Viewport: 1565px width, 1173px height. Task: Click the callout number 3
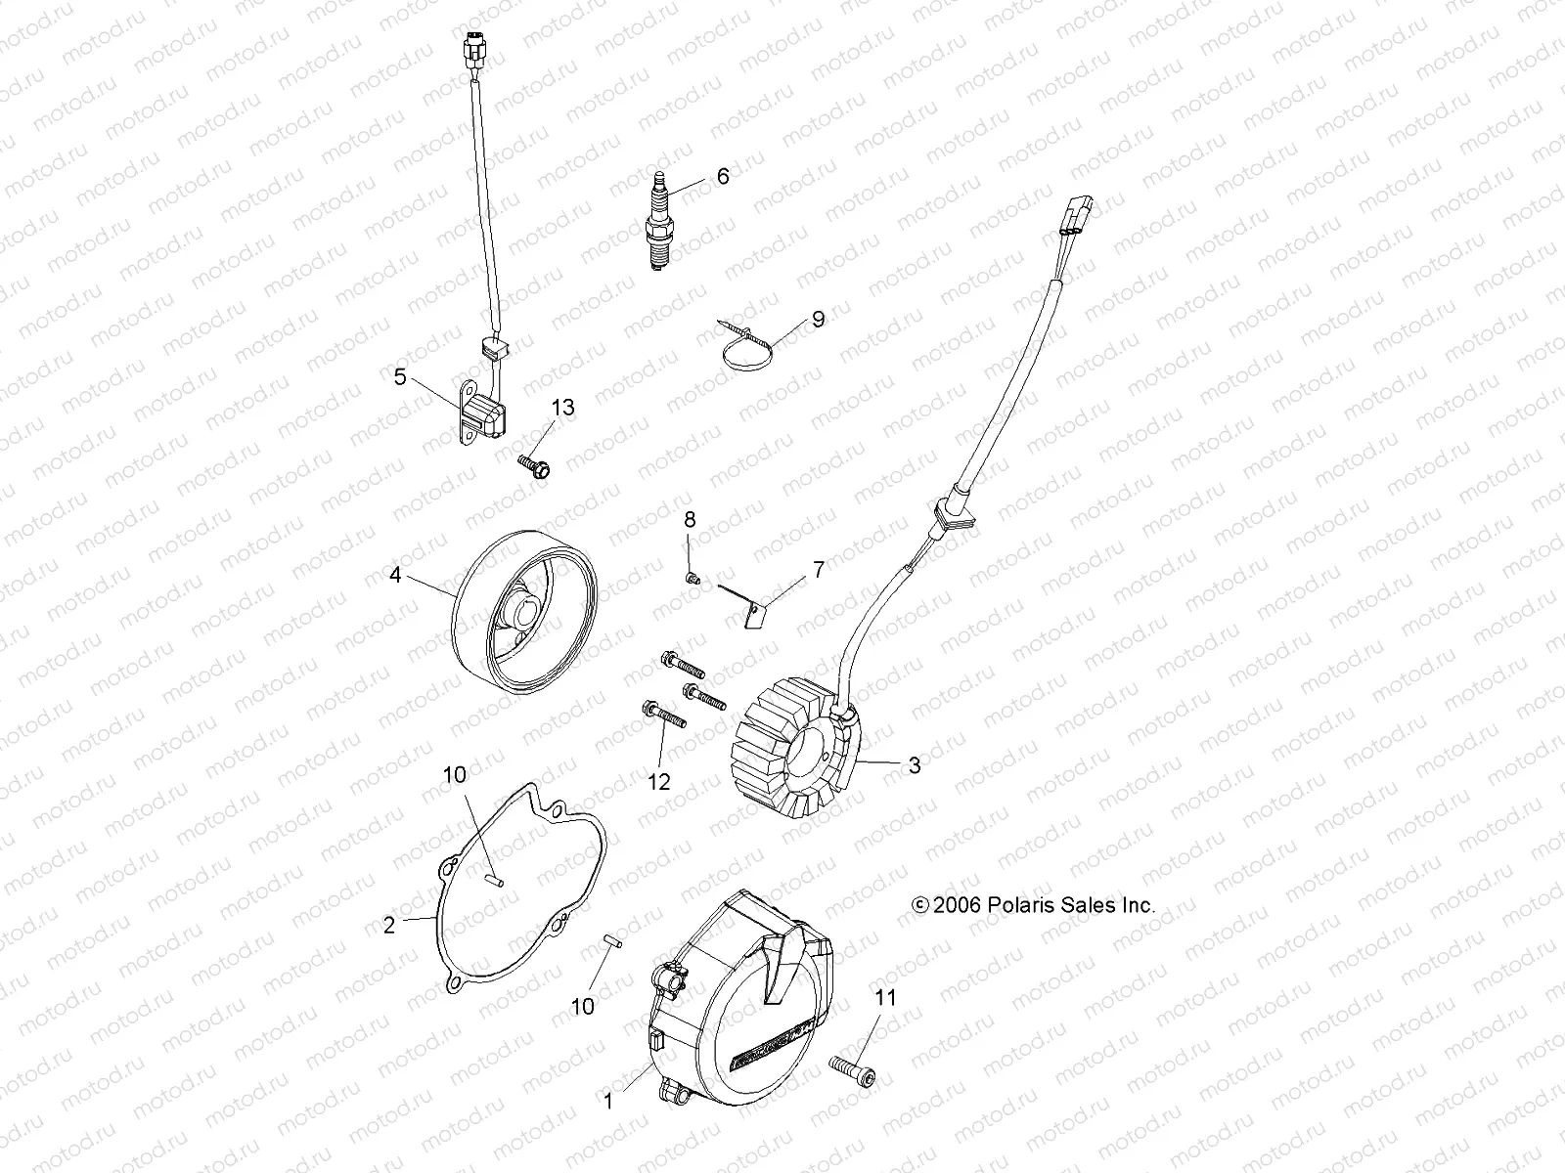click(915, 765)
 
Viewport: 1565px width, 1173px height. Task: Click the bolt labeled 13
click(534, 465)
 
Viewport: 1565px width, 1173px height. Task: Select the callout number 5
click(400, 376)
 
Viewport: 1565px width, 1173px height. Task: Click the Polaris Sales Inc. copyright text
click(1033, 905)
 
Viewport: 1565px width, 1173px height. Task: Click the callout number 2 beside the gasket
click(389, 925)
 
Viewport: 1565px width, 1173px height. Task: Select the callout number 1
click(607, 1102)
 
